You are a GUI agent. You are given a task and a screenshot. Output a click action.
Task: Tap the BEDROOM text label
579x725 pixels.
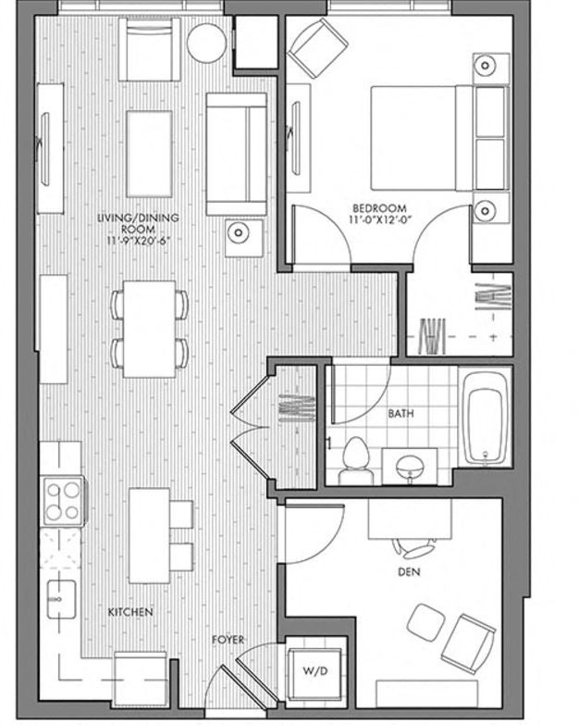(379, 207)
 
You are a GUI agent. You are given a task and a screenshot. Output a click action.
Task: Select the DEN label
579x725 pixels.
(408, 572)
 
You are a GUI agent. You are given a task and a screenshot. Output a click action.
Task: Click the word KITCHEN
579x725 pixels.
(130, 613)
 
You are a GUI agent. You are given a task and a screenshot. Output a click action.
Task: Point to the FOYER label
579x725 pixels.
(228, 640)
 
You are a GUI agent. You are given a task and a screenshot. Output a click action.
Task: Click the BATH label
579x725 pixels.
(400, 413)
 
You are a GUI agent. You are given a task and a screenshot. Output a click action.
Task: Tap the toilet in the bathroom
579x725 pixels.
(353, 459)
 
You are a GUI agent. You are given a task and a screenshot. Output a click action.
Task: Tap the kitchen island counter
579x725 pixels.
(148, 535)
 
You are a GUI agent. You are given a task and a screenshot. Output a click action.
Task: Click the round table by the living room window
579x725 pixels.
(206, 43)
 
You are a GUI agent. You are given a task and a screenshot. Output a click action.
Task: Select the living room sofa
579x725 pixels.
(237, 154)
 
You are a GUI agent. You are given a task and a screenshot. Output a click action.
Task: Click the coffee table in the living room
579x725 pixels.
(149, 140)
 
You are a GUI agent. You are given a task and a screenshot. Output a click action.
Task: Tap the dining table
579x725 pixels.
(149, 328)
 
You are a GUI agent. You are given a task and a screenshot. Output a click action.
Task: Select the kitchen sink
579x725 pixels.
(61, 601)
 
